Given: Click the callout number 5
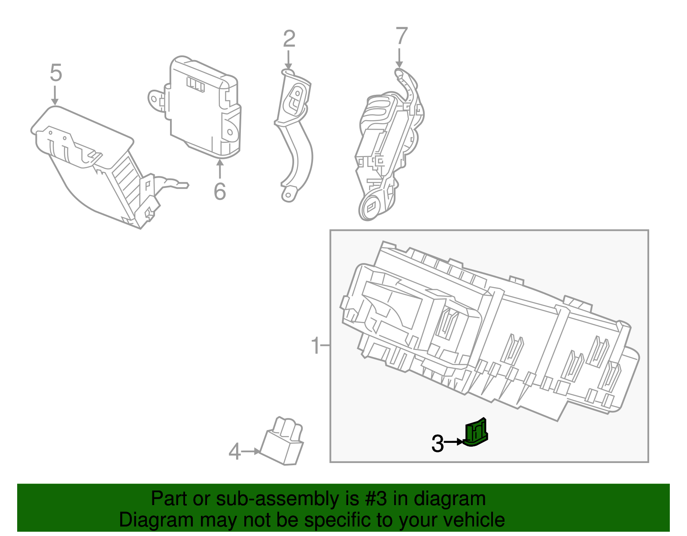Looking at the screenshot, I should click(x=56, y=73).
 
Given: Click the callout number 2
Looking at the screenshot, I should click(x=289, y=39).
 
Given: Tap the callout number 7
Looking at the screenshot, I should click(x=401, y=36).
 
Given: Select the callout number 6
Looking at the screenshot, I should click(x=219, y=191).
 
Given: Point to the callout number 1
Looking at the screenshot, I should click(x=316, y=345).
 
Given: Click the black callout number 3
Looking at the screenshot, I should click(x=437, y=444).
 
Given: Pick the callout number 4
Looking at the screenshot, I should click(x=234, y=452).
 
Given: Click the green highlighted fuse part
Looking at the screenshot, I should click(x=476, y=433).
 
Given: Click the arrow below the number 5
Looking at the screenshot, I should click(x=55, y=95).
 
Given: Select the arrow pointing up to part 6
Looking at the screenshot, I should click(x=220, y=168).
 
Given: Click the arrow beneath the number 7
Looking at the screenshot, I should click(x=399, y=58).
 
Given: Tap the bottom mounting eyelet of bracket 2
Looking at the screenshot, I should click(x=288, y=196).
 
